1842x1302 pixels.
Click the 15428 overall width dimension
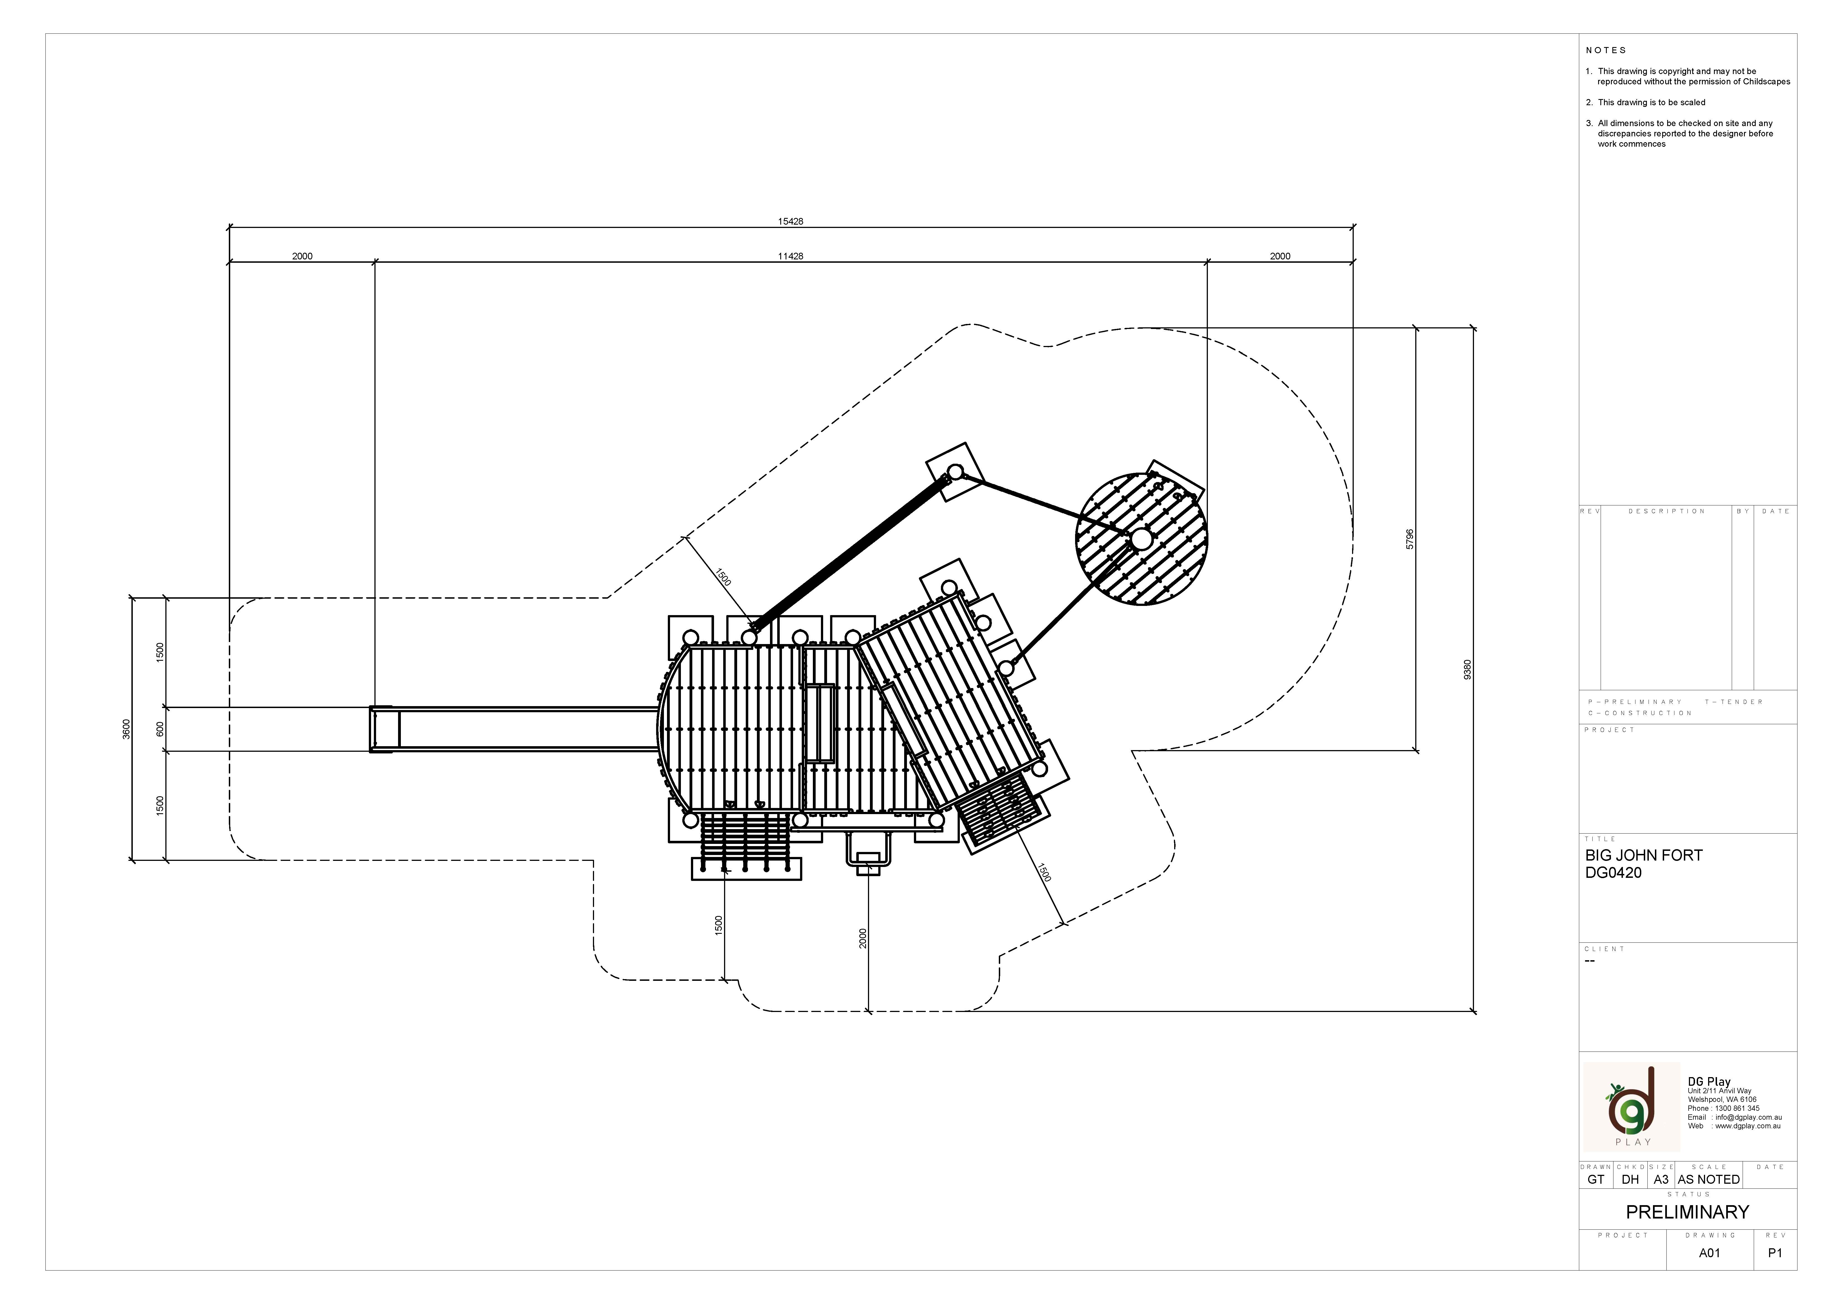[790, 222]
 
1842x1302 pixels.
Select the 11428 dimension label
[790, 257]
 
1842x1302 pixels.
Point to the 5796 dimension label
[1410, 539]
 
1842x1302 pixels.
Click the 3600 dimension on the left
[126, 729]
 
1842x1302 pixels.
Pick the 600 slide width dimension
[160, 729]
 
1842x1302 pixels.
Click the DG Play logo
[1631, 1107]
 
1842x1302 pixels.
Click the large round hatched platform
[1141, 539]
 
